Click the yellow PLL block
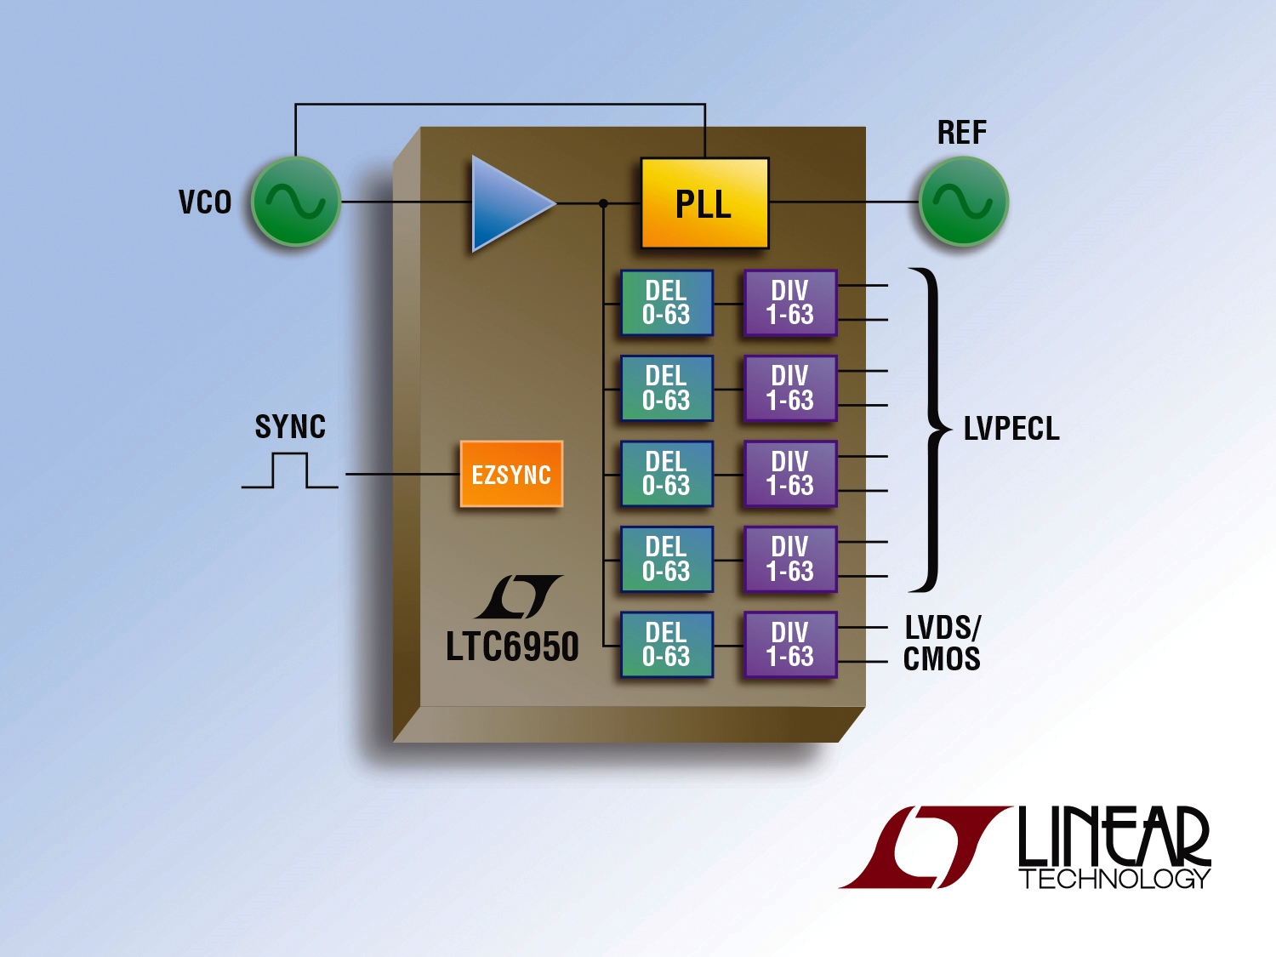point(704,203)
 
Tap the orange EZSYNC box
point(511,474)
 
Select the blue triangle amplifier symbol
point(508,203)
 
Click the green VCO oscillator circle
point(296,202)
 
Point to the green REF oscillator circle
point(963,202)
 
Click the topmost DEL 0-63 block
point(666,303)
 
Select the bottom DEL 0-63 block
point(666,645)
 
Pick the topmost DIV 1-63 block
point(790,303)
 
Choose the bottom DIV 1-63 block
point(790,645)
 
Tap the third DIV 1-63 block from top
point(790,474)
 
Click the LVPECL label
point(1011,429)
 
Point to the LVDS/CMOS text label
point(942,644)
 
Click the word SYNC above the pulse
point(290,427)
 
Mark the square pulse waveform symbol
point(290,471)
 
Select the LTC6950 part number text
point(512,647)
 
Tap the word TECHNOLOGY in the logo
point(1114,879)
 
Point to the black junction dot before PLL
point(603,203)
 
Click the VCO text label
point(205,202)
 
